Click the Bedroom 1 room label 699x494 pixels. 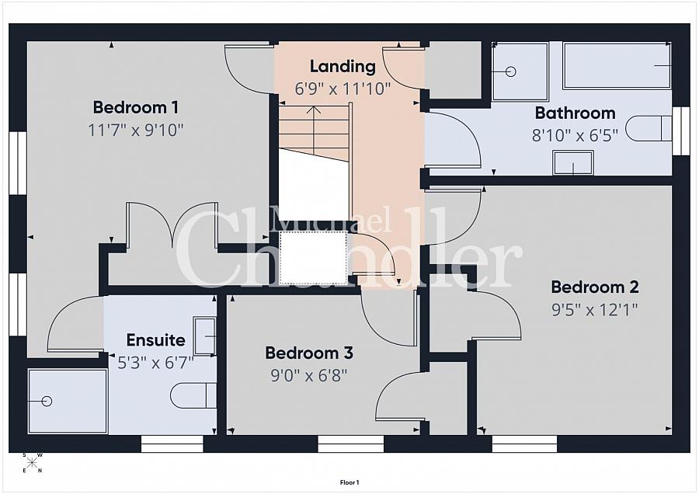click(136, 107)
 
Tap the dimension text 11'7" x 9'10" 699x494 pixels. click(136, 129)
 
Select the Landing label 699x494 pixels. click(343, 66)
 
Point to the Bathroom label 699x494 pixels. click(575, 113)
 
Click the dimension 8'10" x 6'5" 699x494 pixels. click(575, 134)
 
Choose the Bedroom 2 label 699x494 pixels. click(595, 287)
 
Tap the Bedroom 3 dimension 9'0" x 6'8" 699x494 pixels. click(309, 375)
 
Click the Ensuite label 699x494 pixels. click(156, 340)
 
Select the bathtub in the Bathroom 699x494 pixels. click(617, 66)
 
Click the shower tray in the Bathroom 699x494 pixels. click(520, 71)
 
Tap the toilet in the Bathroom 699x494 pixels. click(648, 128)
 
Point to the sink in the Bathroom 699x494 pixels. click(573, 162)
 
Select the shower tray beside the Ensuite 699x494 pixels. click(68, 401)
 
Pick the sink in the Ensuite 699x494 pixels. click(204, 336)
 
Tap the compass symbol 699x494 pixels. click(33, 463)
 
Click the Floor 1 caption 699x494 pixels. click(349, 482)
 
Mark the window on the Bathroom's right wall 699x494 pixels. click(680, 130)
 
